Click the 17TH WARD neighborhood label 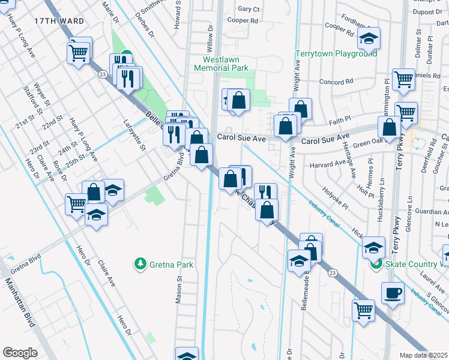pyautogui.click(x=53, y=20)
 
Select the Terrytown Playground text pyautogui.click(x=336, y=54)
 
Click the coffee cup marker pyautogui.click(x=393, y=293)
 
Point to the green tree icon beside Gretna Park pyautogui.click(x=140, y=264)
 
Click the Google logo pyautogui.click(x=20, y=353)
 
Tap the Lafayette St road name pyautogui.click(x=134, y=136)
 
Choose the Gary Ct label pyautogui.click(x=249, y=10)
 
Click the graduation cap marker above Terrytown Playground pyautogui.click(x=369, y=40)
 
